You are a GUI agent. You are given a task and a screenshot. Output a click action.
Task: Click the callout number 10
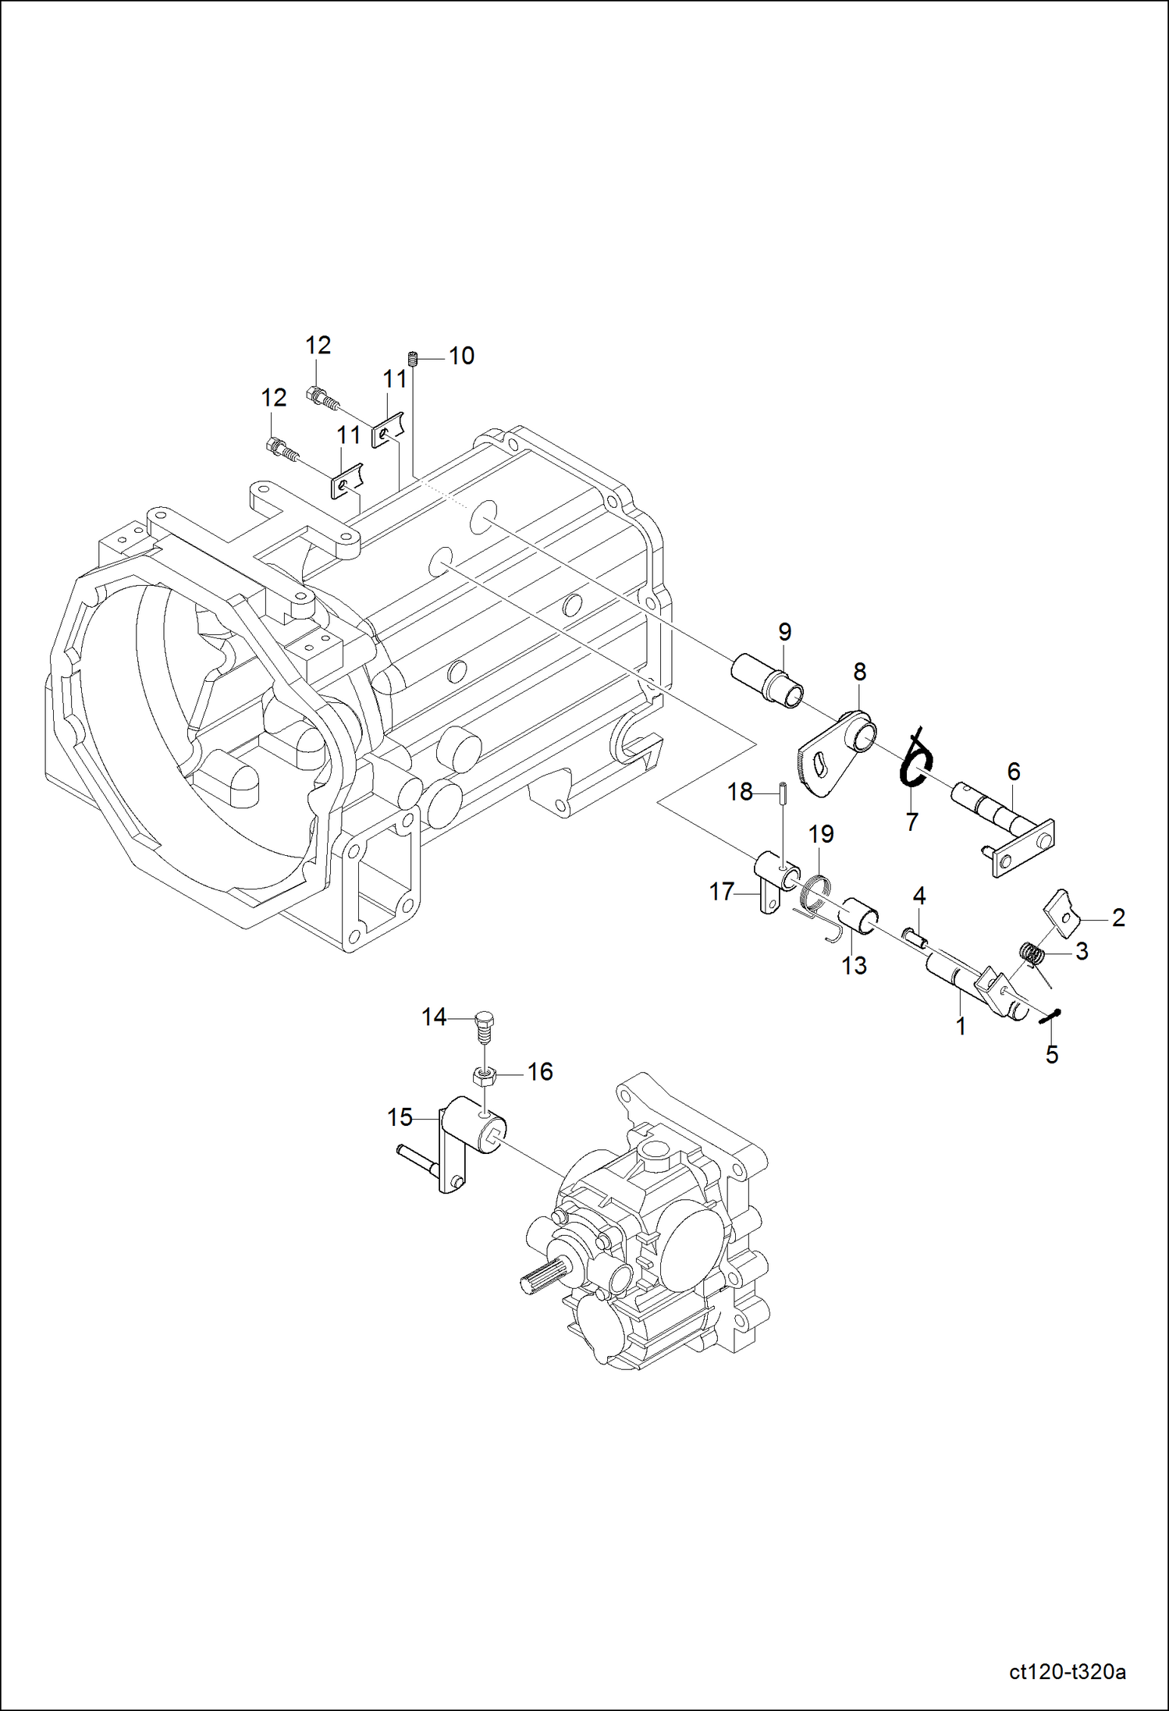[x=461, y=356]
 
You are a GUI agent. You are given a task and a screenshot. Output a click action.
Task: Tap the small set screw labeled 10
[x=414, y=359]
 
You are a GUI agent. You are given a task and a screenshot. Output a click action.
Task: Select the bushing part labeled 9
[x=767, y=681]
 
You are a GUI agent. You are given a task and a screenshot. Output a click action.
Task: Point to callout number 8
[x=859, y=671]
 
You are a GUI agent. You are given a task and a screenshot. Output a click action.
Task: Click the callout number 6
[x=1013, y=772]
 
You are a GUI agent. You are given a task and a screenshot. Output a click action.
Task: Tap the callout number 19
[x=821, y=834]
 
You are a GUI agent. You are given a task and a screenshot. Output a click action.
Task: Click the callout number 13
[x=854, y=966]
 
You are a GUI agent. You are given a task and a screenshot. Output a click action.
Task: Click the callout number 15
[x=400, y=1117]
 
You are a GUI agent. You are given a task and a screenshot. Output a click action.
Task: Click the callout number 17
[x=722, y=891]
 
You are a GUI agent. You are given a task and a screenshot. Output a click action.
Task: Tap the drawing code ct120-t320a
[x=1067, y=1672]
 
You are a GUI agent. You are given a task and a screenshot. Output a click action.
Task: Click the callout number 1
[x=961, y=1026]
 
